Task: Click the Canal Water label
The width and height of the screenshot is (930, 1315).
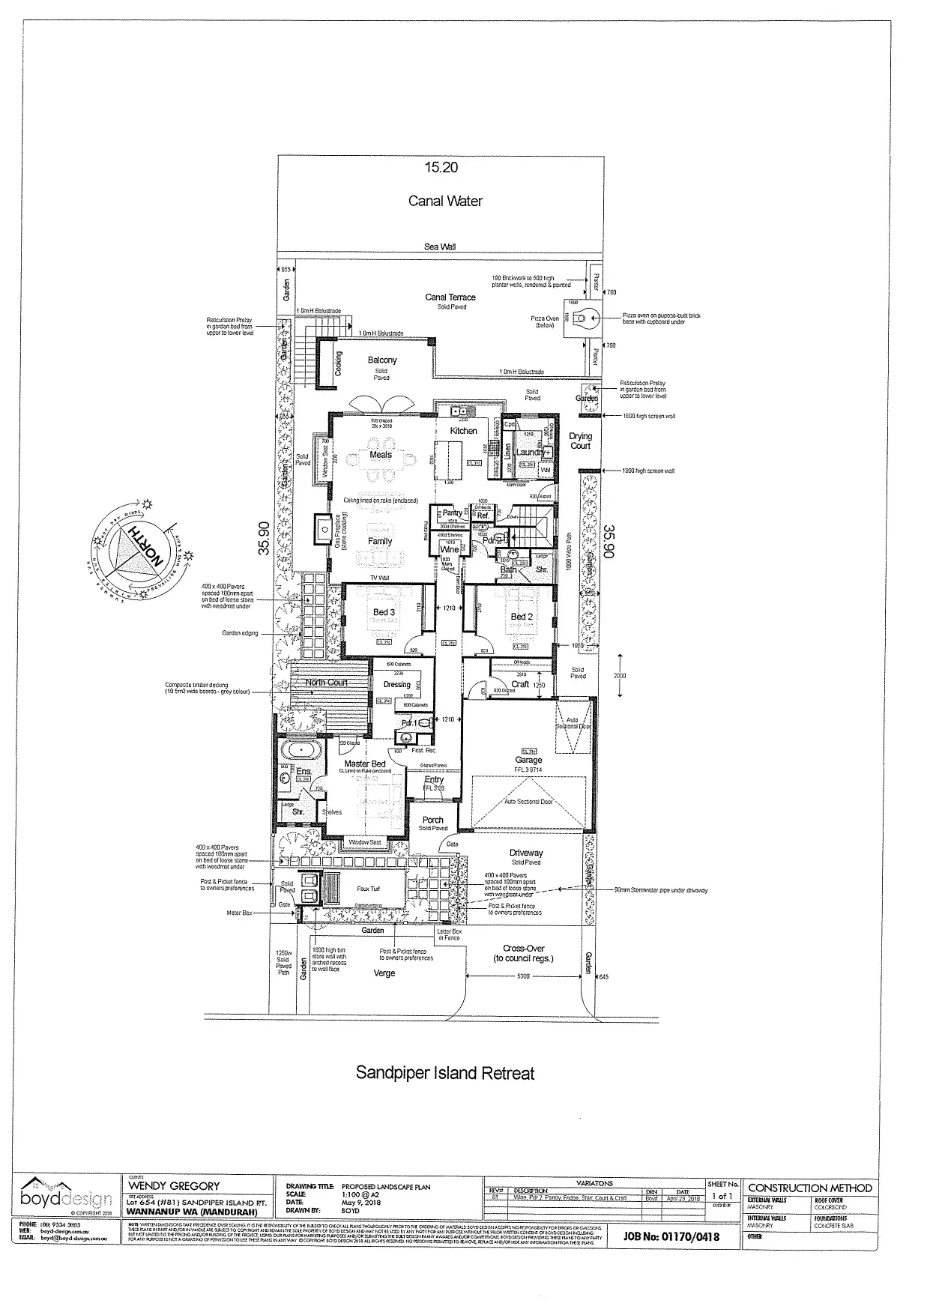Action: (x=445, y=201)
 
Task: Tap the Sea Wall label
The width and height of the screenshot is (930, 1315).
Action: (x=440, y=247)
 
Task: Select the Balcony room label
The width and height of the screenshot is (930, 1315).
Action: (x=382, y=360)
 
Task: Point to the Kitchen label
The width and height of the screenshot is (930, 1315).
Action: (x=463, y=431)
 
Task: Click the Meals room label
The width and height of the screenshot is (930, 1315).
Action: (x=381, y=455)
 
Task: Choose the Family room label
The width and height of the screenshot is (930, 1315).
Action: (x=380, y=541)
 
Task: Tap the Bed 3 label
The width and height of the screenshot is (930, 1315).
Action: (x=384, y=612)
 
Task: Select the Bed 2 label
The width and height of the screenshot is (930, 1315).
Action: (x=522, y=617)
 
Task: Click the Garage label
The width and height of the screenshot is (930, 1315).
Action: (x=528, y=760)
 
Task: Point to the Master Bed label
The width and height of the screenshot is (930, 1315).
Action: (x=365, y=764)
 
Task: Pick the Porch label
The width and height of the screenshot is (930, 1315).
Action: (x=433, y=820)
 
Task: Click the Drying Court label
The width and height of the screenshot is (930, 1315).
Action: (x=580, y=441)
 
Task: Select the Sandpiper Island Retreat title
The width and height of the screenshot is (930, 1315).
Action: (x=445, y=1073)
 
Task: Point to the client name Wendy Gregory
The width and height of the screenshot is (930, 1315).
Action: (x=175, y=1186)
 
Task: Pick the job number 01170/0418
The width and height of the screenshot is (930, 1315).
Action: (x=671, y=1236)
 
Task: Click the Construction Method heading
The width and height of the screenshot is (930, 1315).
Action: (x=810, y=1188)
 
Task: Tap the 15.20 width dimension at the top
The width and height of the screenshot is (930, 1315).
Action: (x=441, y=168)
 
